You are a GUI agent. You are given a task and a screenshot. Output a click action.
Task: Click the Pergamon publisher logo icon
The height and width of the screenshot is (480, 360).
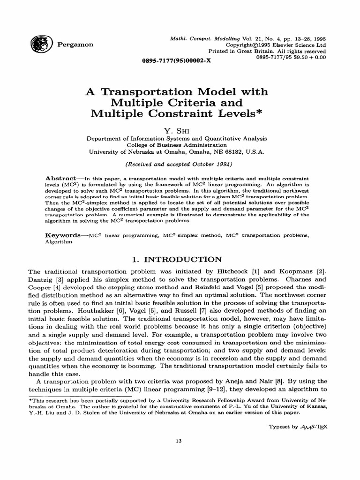(37, 45)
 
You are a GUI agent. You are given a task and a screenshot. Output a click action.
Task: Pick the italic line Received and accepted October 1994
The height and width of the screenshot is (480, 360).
(180, 165)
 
